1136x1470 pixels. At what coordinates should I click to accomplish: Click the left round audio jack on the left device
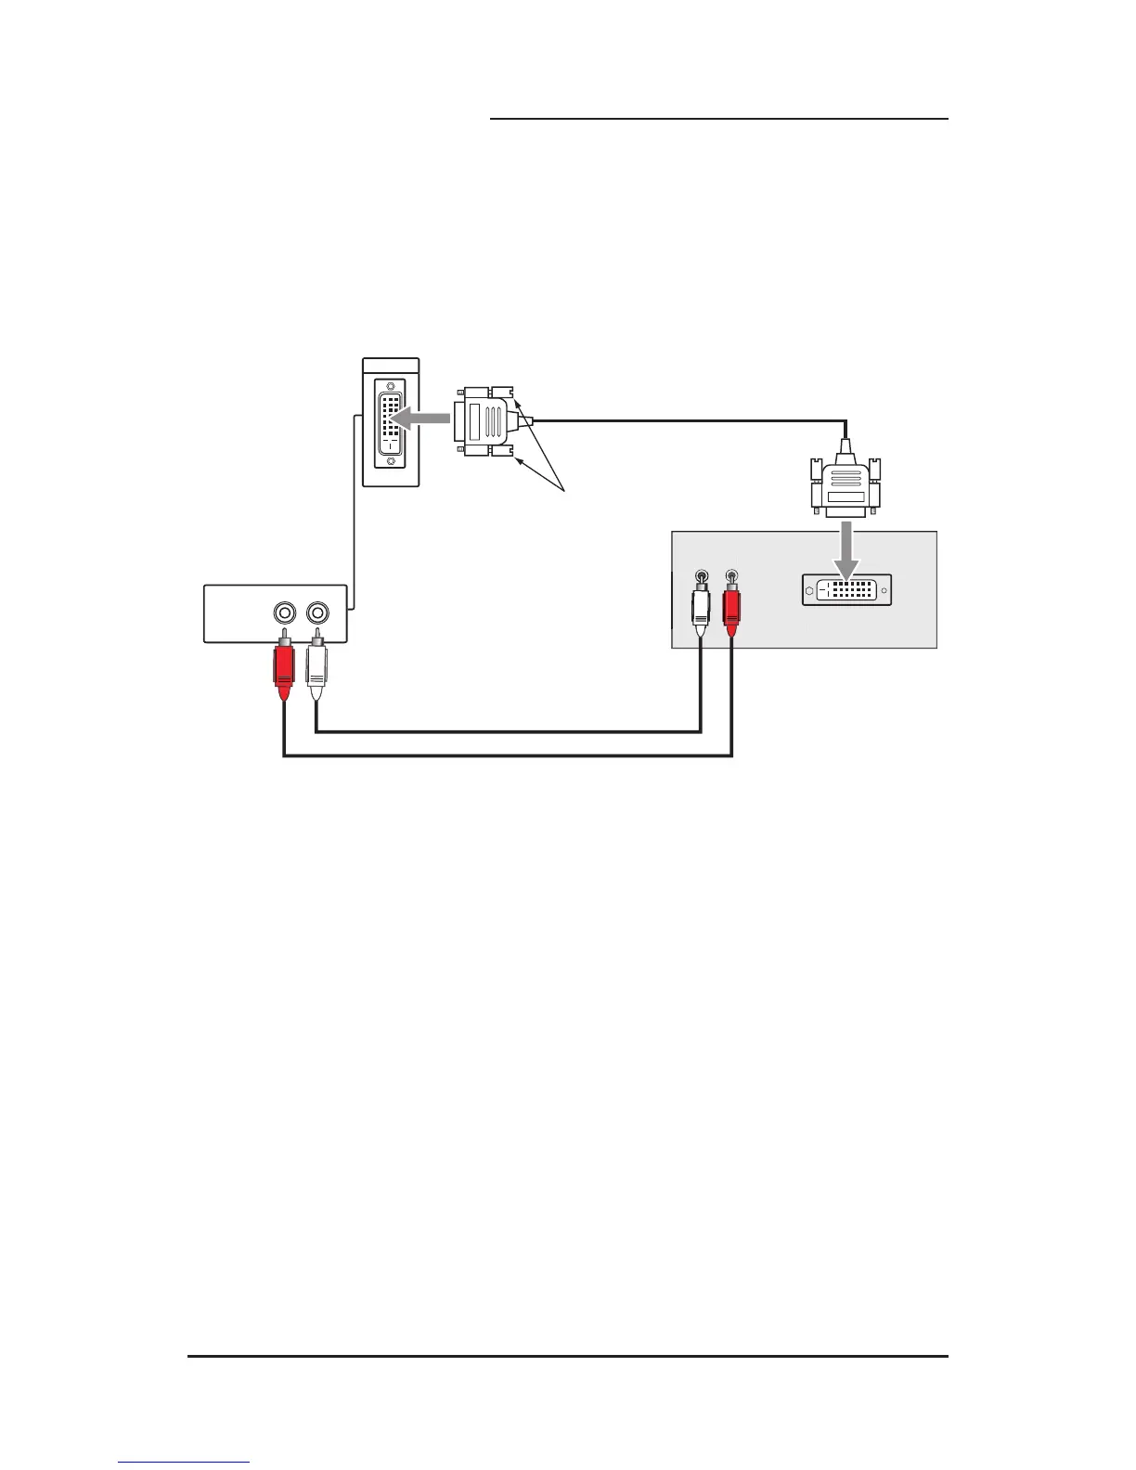coord(284,612)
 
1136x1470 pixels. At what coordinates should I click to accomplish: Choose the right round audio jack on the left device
coord(317,612)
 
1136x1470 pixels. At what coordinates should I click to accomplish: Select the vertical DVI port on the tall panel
coord(391,423)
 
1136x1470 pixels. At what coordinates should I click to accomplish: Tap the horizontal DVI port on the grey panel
coord(846,590)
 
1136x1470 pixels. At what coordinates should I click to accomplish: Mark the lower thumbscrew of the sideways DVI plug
coord(503,452)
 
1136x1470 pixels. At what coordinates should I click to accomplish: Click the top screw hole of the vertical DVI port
coord(391,386)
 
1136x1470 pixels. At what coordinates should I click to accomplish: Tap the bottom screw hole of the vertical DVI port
coord(391,460)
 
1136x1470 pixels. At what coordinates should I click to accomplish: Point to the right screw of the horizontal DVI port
coord(884,590)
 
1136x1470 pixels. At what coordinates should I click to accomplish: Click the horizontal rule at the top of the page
coord(718,119)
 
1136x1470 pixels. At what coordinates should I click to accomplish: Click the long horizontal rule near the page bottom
coord(568,1356)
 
